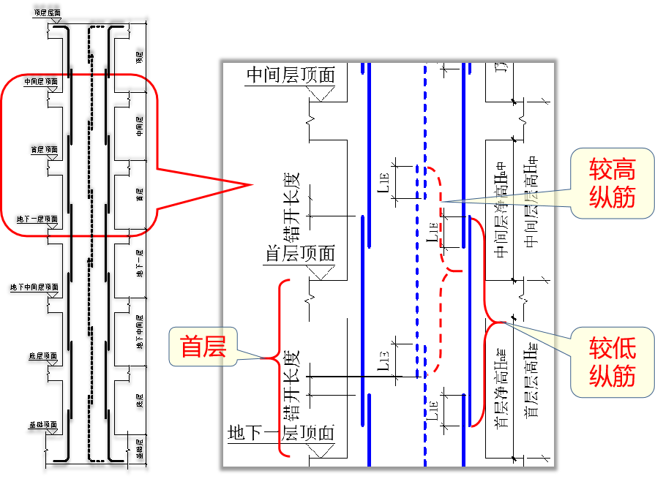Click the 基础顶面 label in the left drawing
tap(42, 425)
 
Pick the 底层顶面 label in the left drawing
tap(43, 357)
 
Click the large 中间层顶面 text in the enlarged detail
tap(291, 75)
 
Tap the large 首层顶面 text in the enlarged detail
tap(300, 254)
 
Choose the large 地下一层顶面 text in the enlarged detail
tap(282, 432)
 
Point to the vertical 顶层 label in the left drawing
tap(139, 56)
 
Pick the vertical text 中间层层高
tap(531, 212)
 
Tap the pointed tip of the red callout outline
tap(251, 184)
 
